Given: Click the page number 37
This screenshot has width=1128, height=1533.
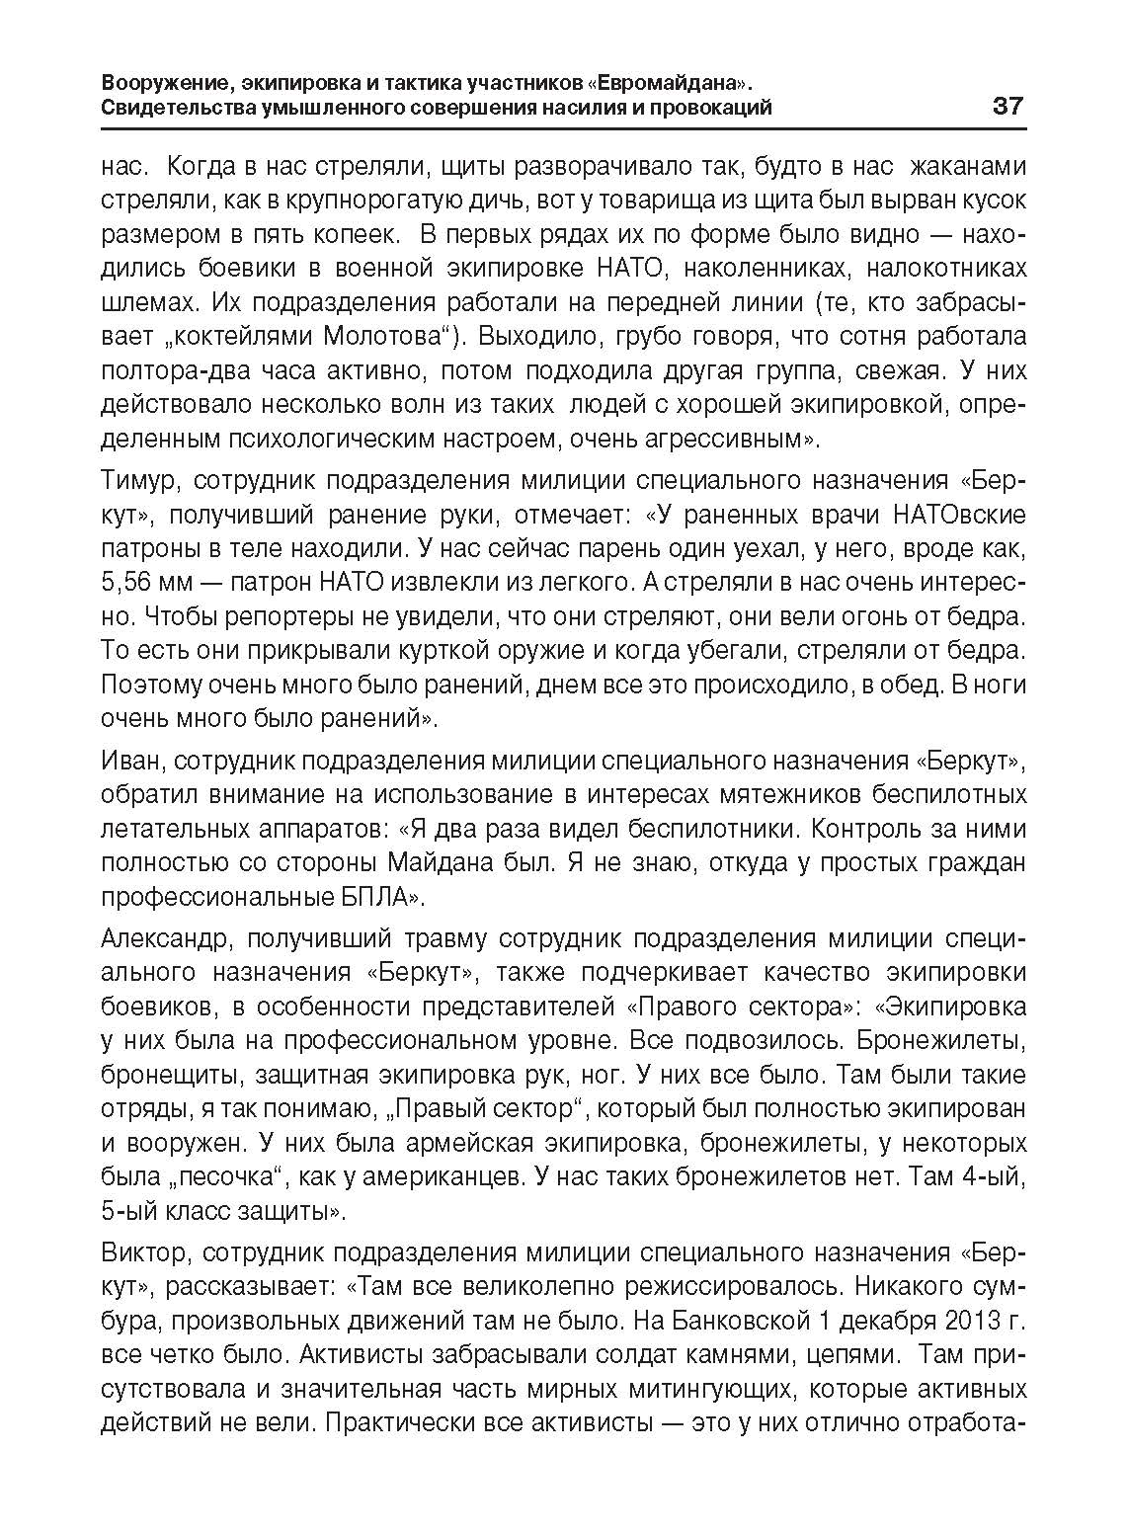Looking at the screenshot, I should (x=1008, y=106).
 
